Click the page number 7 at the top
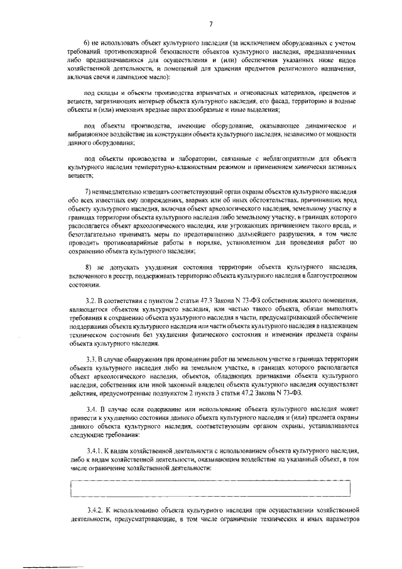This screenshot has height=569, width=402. click(x=211, y=23)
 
